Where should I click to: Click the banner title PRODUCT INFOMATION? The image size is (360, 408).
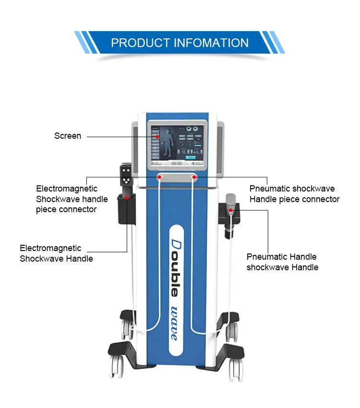(x=180, y=42)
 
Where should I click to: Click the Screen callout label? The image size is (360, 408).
(x=68, y=136)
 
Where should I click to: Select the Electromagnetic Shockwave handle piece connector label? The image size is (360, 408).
(x=72, y=199)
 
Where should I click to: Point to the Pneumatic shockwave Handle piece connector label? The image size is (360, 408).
(x=294, y=194)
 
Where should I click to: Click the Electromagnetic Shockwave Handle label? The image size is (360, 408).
(x=56, y=253)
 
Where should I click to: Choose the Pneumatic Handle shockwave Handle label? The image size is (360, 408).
(x=282, y=262)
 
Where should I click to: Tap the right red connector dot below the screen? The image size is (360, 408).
(x=194, y=178)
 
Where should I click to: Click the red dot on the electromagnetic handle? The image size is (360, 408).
(x=127, y=197)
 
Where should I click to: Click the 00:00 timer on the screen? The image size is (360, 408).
(x=177, y=163)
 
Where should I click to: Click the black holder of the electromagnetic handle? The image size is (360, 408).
(x=126, y=211)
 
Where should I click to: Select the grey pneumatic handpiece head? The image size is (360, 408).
(x=232, y=199)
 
